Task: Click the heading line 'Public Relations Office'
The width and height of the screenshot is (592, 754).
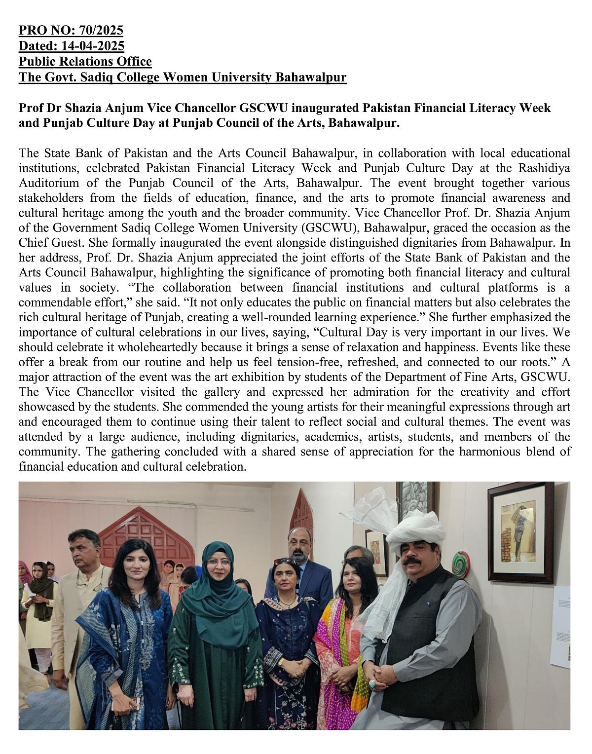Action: pyautogui.click(x=85, y=62)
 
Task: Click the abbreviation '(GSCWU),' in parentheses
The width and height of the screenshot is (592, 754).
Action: pyautogui.click(x=334, y=228)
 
